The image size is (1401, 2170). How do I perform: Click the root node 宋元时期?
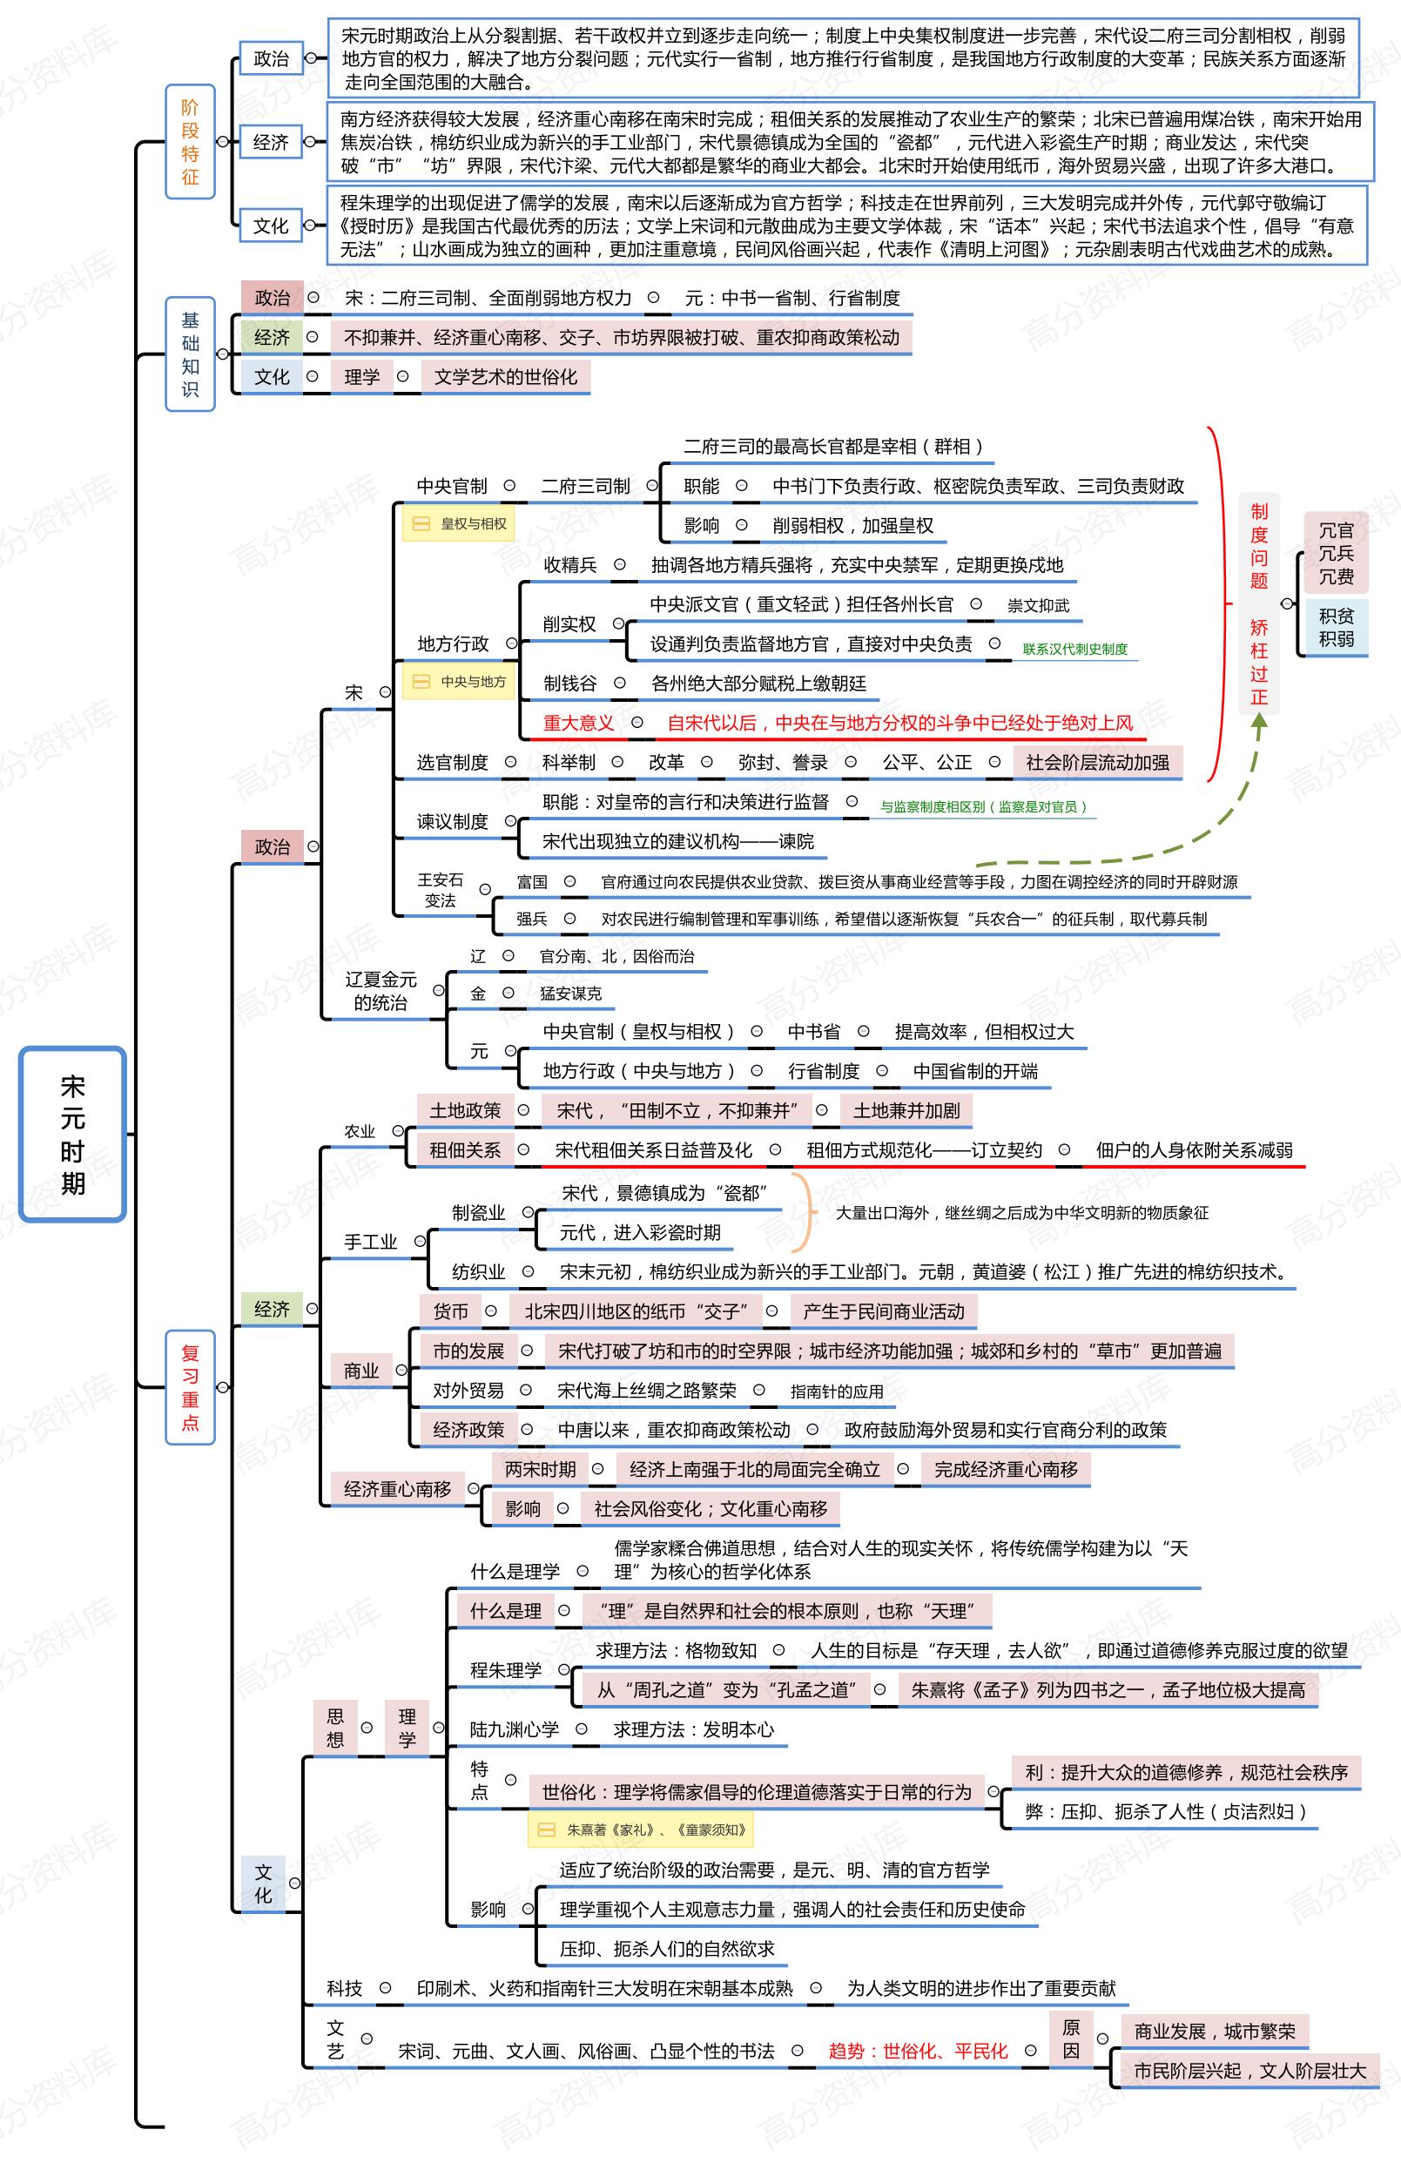pyautogui.click(x=72, y=1134)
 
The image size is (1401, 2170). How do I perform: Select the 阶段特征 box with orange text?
pyautogui.click(x=190, y=142)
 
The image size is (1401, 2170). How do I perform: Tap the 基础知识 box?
pyautogui.click(x=190, y=354)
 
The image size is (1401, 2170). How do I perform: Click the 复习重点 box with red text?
pyautogui.click(x=190, y=1387)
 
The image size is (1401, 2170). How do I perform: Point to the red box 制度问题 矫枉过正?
pyautogui.click(x=1258, y=604)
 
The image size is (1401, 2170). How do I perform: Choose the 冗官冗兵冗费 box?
pyautogui.click(x=1336, y=552)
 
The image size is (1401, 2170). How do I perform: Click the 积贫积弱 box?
pyautogui.click(x=1336, y=627)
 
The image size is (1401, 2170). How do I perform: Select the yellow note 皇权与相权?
pyautogui.click(x=461, y=524)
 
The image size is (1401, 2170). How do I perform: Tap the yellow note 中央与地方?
pyautogui.click(x=461, y=682)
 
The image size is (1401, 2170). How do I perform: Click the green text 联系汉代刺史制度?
pyautogui.click(x=1074, y=649)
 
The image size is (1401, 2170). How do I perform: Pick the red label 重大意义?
pyautogui.click(x=577, y=724)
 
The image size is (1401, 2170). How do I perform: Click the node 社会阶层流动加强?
pyautogui.click(x=1097, y=763)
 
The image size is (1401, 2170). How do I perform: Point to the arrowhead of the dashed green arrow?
pyautogui.click(x=1259, y=724)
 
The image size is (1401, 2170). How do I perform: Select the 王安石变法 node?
pyautogui.click(x=441, y=890)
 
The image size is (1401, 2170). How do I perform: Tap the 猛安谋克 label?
pyautogui.click(x=570, y=994)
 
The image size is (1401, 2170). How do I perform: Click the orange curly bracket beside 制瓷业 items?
pyautogui.click(x=806, y=1213)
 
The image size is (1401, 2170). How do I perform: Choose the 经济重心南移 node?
pyautogui.click(x=398, y=1489)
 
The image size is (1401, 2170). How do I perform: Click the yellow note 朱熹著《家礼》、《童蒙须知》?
pyautogui.click(x=643, y=1829)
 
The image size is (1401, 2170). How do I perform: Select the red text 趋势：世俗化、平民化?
pyautogui.click(x=917, y=2051)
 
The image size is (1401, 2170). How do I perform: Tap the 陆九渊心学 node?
pyautogui.click(x=514, y=1729)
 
